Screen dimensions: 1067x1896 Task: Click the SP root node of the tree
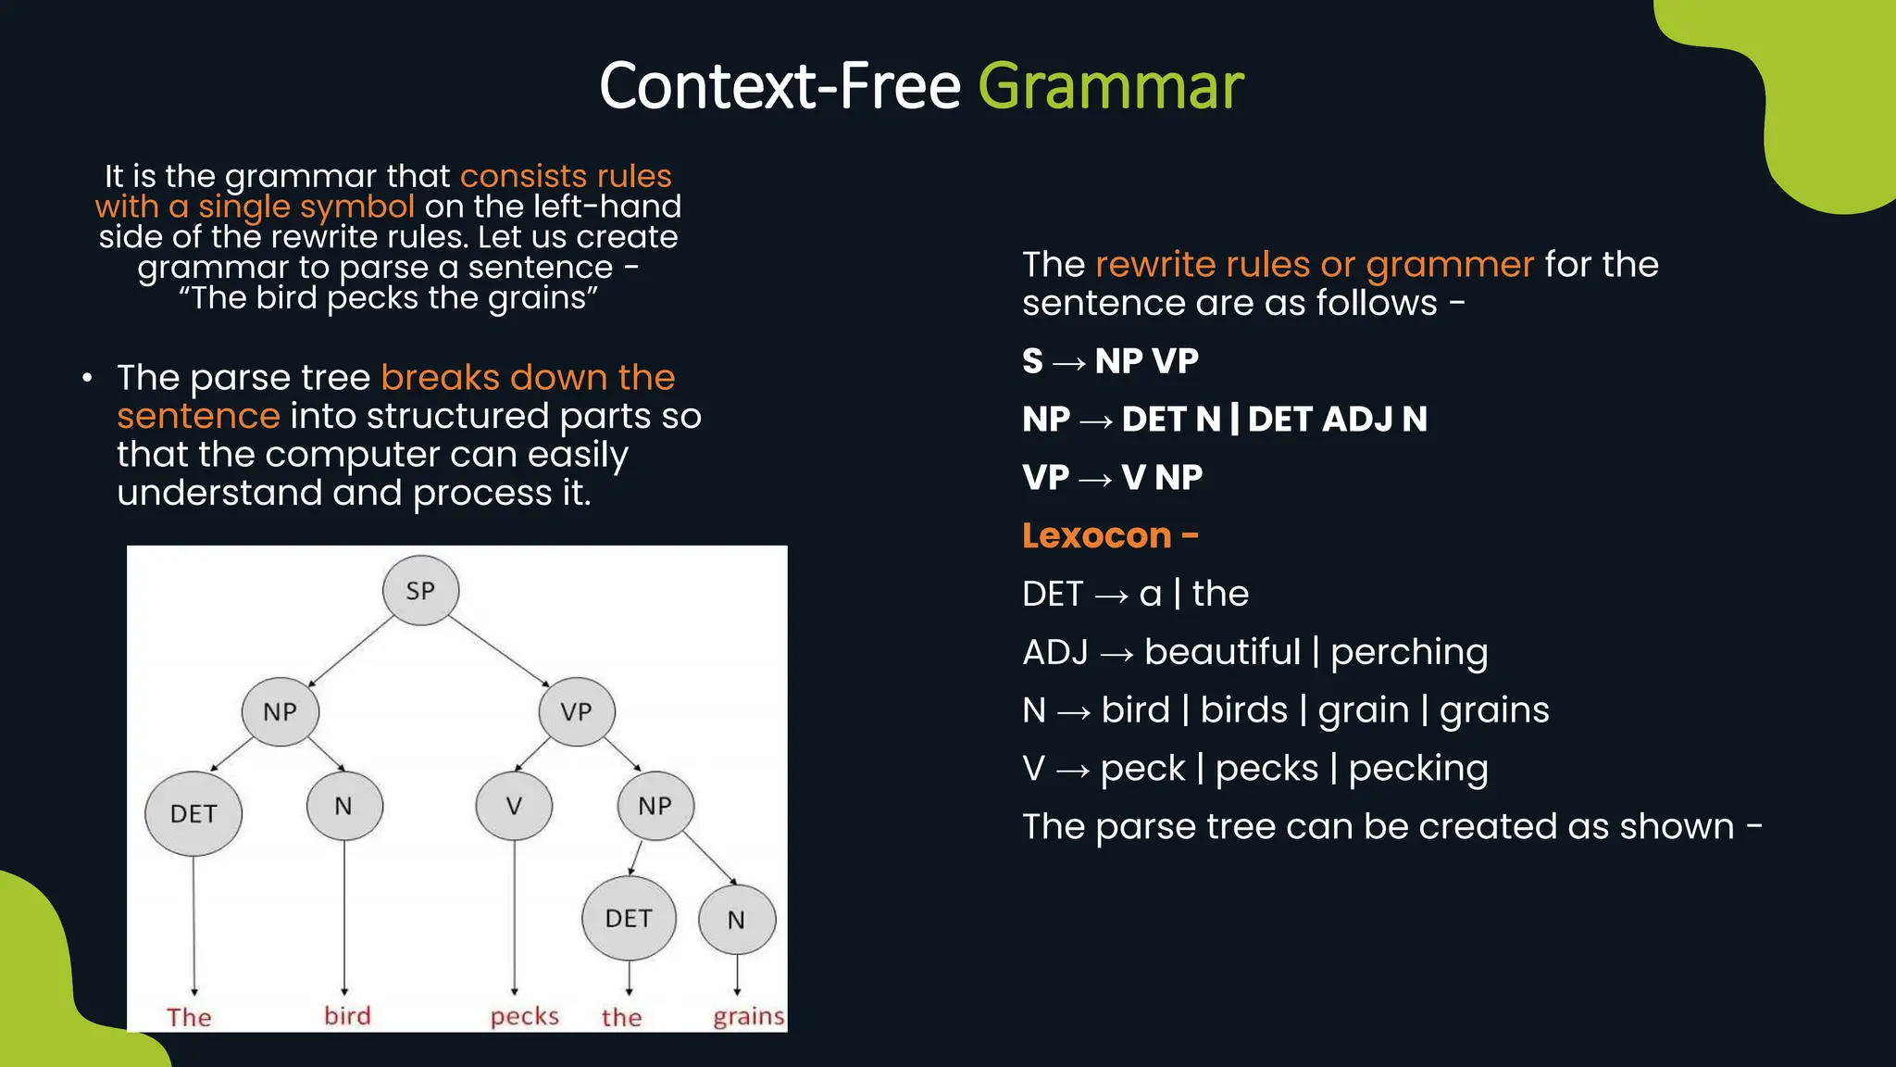420,590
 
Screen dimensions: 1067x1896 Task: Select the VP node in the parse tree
576,711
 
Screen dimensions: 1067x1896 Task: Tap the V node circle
514,806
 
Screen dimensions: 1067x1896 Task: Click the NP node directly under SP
280,711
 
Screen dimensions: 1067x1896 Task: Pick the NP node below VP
655,806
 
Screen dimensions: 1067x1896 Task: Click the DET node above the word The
193,813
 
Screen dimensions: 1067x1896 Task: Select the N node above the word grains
737,920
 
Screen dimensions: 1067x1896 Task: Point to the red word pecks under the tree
524,1016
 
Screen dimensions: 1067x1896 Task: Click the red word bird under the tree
347,1015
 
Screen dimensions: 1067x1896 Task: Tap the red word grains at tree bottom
748,1016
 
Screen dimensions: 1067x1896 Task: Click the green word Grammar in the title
1110,86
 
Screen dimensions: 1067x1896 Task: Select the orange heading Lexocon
1097,535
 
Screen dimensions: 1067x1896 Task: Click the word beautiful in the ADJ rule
1222,652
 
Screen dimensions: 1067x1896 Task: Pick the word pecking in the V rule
1417,769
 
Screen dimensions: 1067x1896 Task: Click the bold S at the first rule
1032,361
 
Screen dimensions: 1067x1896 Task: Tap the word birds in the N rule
1243,710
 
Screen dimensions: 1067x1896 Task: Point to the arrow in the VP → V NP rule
1095,479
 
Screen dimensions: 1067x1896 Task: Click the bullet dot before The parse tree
87,378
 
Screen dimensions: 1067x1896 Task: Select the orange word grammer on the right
1449,265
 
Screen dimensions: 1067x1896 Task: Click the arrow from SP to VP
501,653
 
